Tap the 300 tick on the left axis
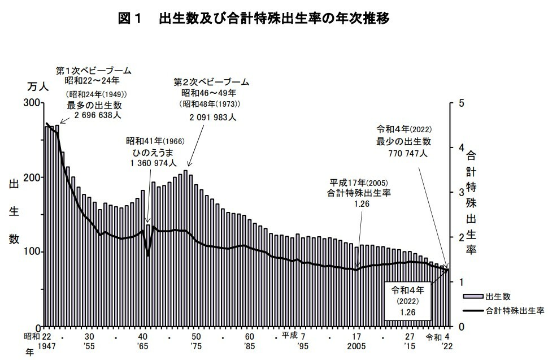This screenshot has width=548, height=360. click(33, 103)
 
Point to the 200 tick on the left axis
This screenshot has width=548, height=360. click(33, 177)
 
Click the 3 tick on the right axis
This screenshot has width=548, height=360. click(462, 192)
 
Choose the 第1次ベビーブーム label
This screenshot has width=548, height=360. click(93, 71)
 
